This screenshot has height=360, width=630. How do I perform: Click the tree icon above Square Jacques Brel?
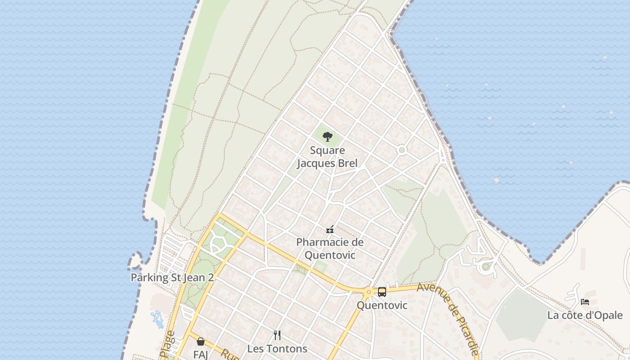point(328,136)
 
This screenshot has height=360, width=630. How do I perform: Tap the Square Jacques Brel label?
point(328,157)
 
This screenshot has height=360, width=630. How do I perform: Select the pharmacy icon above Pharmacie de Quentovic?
point(330,229)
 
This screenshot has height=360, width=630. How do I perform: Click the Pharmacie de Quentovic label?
point(330,248)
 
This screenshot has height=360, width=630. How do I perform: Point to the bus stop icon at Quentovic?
point(382,292)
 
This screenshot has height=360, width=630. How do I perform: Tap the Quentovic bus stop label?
point(382,306)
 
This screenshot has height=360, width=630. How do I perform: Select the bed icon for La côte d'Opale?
point(585,301)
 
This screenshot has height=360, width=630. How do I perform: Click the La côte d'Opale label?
point(585,315)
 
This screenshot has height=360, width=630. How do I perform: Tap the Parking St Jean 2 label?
point(172,277)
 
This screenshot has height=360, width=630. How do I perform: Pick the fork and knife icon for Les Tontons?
point(277,335)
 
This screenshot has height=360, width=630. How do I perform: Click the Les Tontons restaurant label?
point(277,349)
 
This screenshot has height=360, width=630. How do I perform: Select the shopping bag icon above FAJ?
point(201,342)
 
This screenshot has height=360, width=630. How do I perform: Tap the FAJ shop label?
point(201,355)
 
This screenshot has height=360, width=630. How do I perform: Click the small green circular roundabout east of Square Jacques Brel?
point(402,150)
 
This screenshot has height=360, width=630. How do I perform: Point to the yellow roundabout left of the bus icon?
point(369,292)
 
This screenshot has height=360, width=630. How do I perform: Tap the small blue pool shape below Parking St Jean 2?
point(157,319)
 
